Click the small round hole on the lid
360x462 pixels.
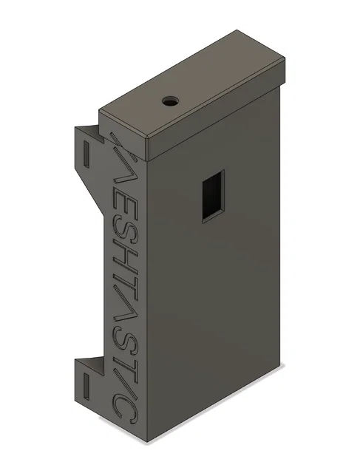click(171, 99)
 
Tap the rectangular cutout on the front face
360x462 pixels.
click(212, 194)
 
